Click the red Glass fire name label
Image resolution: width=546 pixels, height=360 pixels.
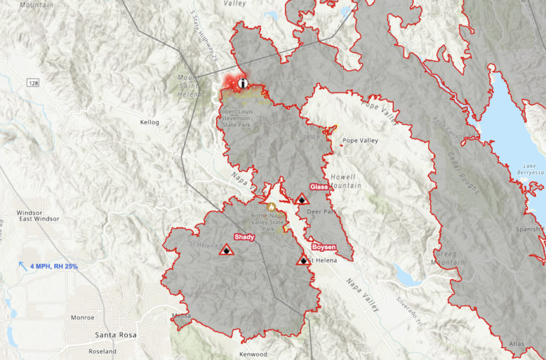coord(318,187)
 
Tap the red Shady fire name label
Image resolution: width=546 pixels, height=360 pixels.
coord(244,237)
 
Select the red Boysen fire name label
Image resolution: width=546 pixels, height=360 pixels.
coord(323,247)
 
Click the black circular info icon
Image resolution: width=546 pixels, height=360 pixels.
coord(244,83)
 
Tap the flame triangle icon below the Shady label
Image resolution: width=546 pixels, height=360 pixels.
coord(226,250)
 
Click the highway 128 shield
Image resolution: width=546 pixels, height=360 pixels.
coord(33,83)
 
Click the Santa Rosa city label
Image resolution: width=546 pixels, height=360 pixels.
coord(117,334)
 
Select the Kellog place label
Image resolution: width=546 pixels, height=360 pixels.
coord(150,122)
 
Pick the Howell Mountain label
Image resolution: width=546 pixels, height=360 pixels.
coord(346,181)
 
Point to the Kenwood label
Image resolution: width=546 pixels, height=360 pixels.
coord(253,354)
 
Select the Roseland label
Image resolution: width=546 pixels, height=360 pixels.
coord(102,351)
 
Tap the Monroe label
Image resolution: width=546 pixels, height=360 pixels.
coord(82,317)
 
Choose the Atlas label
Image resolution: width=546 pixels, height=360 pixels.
coord(516,344)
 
